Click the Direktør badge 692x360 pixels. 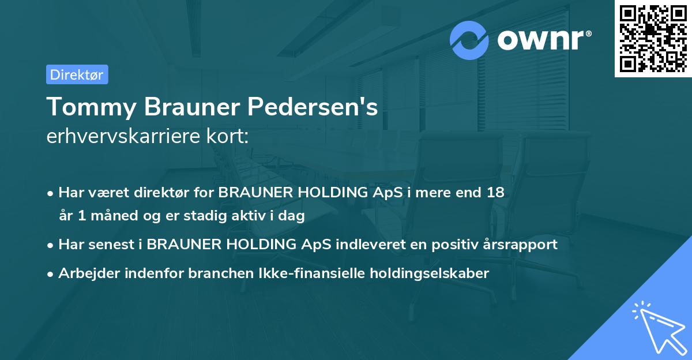click(x=77, y=74)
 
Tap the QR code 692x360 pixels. click(x=653, y=38)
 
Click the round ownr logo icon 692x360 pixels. click(x=469, y=40)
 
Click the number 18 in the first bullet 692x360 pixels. click(x=496, y=193)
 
